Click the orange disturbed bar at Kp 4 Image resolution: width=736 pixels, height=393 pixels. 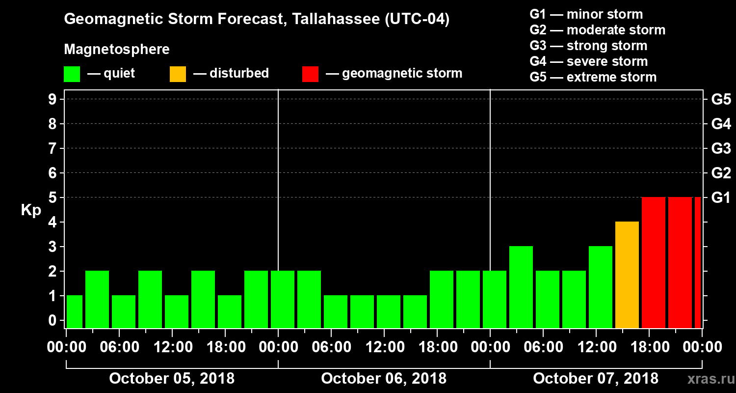pyautogui.click(x=627, y=275)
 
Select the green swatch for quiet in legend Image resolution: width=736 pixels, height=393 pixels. pyautogui.click(x=72, y=74)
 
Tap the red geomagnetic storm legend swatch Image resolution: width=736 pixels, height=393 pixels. pyautogui.click(x=310, y=74)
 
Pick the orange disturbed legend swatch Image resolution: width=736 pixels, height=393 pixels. pyautogui.click(x=178, y=74)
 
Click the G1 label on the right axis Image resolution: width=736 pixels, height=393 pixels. pyautogui.click(x=721, y=197)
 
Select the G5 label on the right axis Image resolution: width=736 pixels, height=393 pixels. pyautogui.click(x=721, y=99)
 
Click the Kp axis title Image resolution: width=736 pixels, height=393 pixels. pyautogui.click(x=31, y=210)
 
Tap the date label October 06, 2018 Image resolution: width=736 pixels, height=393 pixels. pyautogui.click(x=384, y=379)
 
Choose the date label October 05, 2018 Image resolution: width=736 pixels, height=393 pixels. pyautogui.click(x=172, y=379)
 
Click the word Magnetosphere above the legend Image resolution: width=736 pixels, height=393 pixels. pyautogui.click(x=117, y=50)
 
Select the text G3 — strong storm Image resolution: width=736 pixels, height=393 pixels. pyautogui.click(x=588, y=46)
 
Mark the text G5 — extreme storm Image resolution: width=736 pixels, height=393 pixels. pyautogui.click(x=593, y=77)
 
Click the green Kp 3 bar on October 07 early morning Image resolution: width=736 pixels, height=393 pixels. pyautogui.click(x=521, y=287)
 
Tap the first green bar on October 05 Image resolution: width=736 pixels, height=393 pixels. pyautogui.click(x=75, y=311)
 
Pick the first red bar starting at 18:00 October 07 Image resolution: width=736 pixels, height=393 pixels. pyautogui.click(x=654, y=262)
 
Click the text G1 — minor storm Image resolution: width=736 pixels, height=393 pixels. pyautogui.click(x=586, y=14)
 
